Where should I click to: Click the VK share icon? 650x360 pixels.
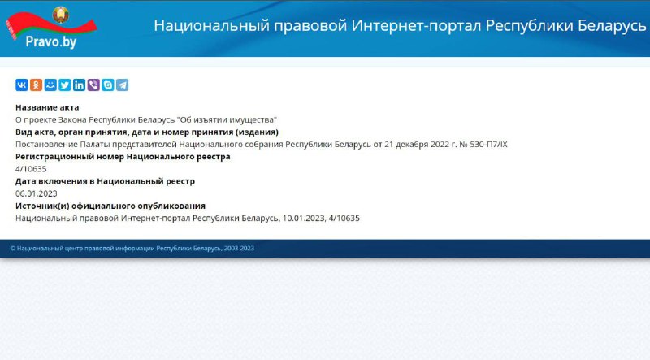click(22, 85)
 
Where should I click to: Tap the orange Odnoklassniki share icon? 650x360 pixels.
click(36, 85)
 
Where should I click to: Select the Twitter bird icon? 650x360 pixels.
click(65, 85)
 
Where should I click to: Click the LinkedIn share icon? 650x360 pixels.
click(79, 85)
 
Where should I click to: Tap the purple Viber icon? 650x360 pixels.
click(93, 85)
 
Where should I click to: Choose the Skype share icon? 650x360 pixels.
click(108, 85)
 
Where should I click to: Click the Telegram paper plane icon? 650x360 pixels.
click(123, 85)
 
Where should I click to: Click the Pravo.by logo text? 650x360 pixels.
click(51, 41)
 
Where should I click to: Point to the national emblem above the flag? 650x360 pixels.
click(60, 15)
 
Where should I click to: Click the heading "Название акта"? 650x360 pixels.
click(47, 107)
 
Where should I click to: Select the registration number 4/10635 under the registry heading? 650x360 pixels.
click(31, 169)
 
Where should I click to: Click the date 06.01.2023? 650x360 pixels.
click(36, 193)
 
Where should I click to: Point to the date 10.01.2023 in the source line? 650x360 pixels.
click(304, 218)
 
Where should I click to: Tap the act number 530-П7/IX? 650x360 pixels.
click(488, 145)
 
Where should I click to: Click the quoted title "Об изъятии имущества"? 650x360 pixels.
click(227, 119)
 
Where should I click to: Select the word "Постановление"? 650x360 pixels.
click(46, 145)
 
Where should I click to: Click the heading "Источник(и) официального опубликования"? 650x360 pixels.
click(110, 206)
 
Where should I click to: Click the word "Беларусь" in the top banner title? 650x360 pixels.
click(612, 26)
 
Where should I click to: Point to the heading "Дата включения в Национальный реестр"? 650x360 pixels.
click(105, 181)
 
